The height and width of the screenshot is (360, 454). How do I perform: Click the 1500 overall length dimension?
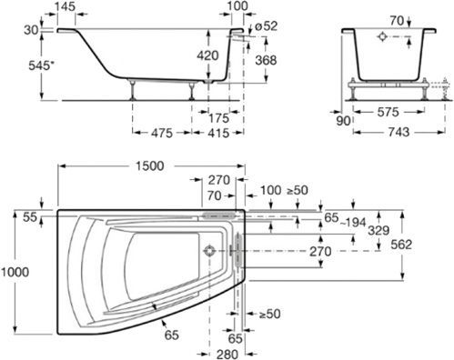point(149,165)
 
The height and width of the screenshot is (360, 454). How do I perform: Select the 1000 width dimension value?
point(15,272)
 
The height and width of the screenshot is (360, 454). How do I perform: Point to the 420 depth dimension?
point(207,55)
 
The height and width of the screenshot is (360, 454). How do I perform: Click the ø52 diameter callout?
point(266,26)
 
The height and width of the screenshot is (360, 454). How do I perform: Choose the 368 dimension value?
point(266,60)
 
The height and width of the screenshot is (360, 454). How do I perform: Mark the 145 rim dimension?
point(66,6)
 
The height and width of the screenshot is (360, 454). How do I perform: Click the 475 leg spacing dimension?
point(162,133)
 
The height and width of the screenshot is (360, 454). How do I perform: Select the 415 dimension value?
point(218,133)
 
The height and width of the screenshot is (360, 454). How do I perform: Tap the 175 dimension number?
point(218,118)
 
